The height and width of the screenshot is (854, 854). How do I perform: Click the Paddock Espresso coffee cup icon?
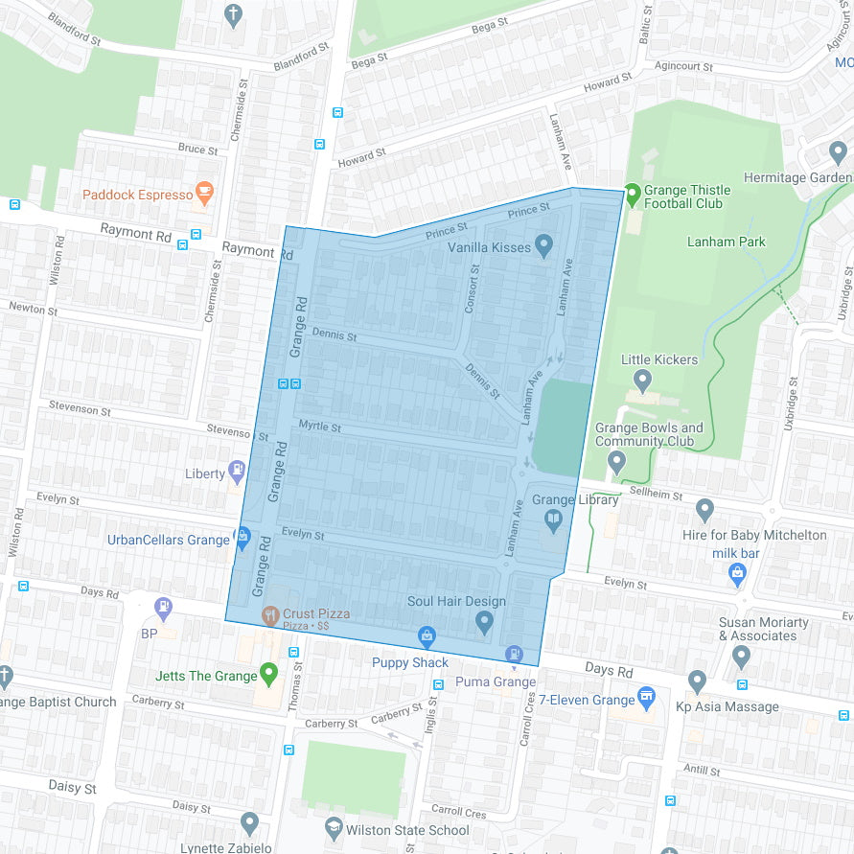click(203, 193)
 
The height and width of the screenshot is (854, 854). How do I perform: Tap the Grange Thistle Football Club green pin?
click(632, 193)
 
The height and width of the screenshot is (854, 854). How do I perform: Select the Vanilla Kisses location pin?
click(544, 245)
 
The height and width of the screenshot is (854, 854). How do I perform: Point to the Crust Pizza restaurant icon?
click(270, 613)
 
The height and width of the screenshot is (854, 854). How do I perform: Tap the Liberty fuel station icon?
click(238, 472)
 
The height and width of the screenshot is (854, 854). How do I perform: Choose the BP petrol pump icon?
click(164, 606)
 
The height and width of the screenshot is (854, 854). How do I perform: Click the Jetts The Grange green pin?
click(269, 673)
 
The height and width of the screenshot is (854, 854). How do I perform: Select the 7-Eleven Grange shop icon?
click(647, 697)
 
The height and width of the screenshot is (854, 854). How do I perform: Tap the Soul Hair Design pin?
click(484, 622)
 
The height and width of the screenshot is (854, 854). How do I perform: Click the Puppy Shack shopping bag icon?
click(427, 635)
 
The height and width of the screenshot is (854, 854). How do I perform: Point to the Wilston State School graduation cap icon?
click(333, 827)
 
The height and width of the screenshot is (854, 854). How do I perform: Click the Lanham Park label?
click(726, 242)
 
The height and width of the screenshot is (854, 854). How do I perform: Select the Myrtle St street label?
click(319, 426)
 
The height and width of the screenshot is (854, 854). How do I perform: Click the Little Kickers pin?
click(642, 381)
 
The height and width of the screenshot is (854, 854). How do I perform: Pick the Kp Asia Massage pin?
click(698, 681)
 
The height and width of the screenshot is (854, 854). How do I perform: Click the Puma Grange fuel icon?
click(515, 654)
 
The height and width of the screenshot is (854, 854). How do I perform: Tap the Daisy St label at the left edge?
click(73, 787)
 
